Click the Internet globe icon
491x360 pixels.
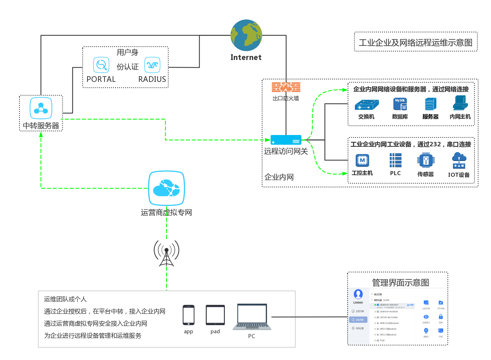[x=246, y=35]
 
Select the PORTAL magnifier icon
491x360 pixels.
[x=101, y=64]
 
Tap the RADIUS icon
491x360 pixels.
[x=152, y=64]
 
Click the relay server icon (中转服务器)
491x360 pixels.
[x=41, y=108]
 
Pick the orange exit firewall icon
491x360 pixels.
[x=286, y=87]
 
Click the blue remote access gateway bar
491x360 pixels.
[x=286, y=140]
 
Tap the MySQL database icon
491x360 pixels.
[x=400, y=104]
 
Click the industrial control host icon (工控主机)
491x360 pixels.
[x=362, y=161]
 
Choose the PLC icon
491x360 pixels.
[x=395, y=161]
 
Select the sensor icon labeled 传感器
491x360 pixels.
[x=426, y=161]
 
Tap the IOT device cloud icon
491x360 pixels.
[x=459, y=161]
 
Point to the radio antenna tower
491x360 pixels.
[x=167, y=253]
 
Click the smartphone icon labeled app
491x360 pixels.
[x=188, y=315]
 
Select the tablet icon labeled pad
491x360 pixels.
[x=215, y=315]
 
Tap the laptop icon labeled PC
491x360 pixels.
[x=252, y=317]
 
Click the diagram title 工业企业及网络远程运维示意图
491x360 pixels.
[x=416, y=42]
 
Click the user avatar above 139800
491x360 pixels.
[x=358, y=294]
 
